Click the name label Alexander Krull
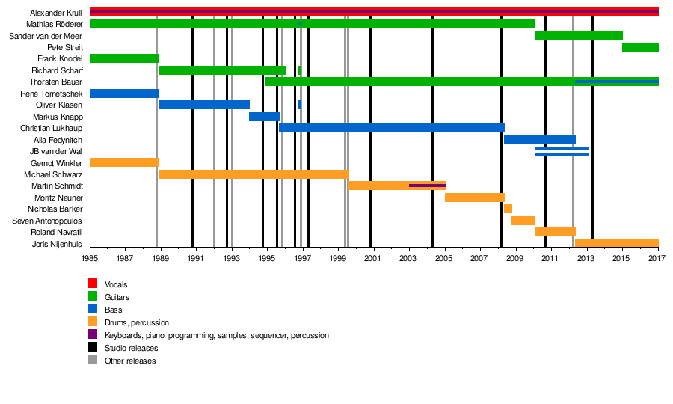tap(56, 13)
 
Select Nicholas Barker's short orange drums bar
tap(508, 209)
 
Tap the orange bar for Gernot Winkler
tap(124, 162)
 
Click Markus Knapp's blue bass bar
tap(264, 117)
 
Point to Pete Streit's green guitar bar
tap(640, 47)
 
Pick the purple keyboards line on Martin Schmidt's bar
tap(427, 185)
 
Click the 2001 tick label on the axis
tap(373, 258)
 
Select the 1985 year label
tap(90, 258)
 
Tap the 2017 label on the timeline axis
tap(657, 258)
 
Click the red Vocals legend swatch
tap(93, 284)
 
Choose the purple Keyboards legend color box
tap(93, 335)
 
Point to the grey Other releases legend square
tap(93, 361)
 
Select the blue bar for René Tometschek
tap(124, 94)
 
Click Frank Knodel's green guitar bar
tap(124, 58)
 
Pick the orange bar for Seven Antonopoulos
tap(523, 221)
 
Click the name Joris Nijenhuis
tap(57, 244)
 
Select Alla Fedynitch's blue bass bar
tap(539, 139)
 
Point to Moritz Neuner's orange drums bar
tap(474, 198)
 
